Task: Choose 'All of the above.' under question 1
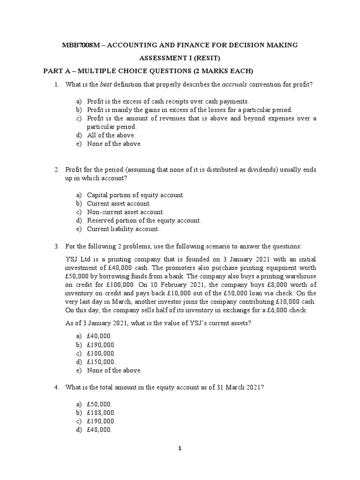tap(111, 135)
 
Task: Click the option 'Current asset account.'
tap(119, 203)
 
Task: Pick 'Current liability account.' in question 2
tap(123, 229)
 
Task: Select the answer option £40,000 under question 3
tap(100, 336)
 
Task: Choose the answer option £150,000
tap(102, 362)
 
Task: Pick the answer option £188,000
tap(102, 412)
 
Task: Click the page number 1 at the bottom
tap(180, 448)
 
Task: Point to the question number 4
tap(56, 387)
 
